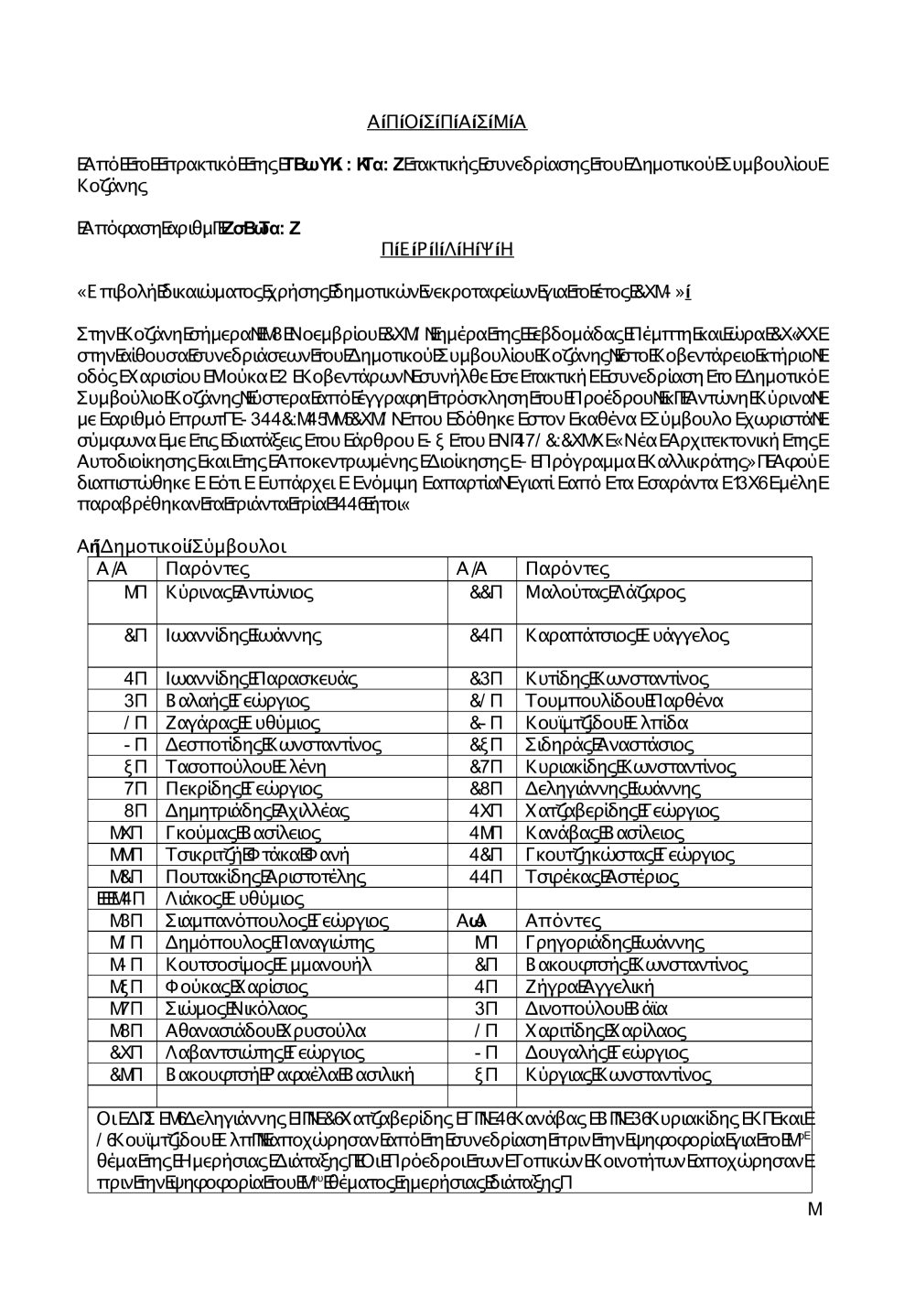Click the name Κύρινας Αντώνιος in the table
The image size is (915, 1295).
pyautogui.click(x=240, y=592)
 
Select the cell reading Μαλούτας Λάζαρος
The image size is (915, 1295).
pyautogui.click(x=605, y=592)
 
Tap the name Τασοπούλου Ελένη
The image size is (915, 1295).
pyautogui.click(x=246, y=766)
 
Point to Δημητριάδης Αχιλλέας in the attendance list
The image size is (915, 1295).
pyautogui.click(x=259, y=810)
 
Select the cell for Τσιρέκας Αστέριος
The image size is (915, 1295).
pyautogui.click(x=602, y=877)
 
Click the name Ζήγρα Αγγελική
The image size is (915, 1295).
pyautogui.click(x=590, y=987)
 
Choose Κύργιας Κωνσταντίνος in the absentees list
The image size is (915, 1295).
pyautogui.click(x=618, y=1074)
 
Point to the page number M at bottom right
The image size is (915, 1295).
pyautogui.click(x=814, y=1209)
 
